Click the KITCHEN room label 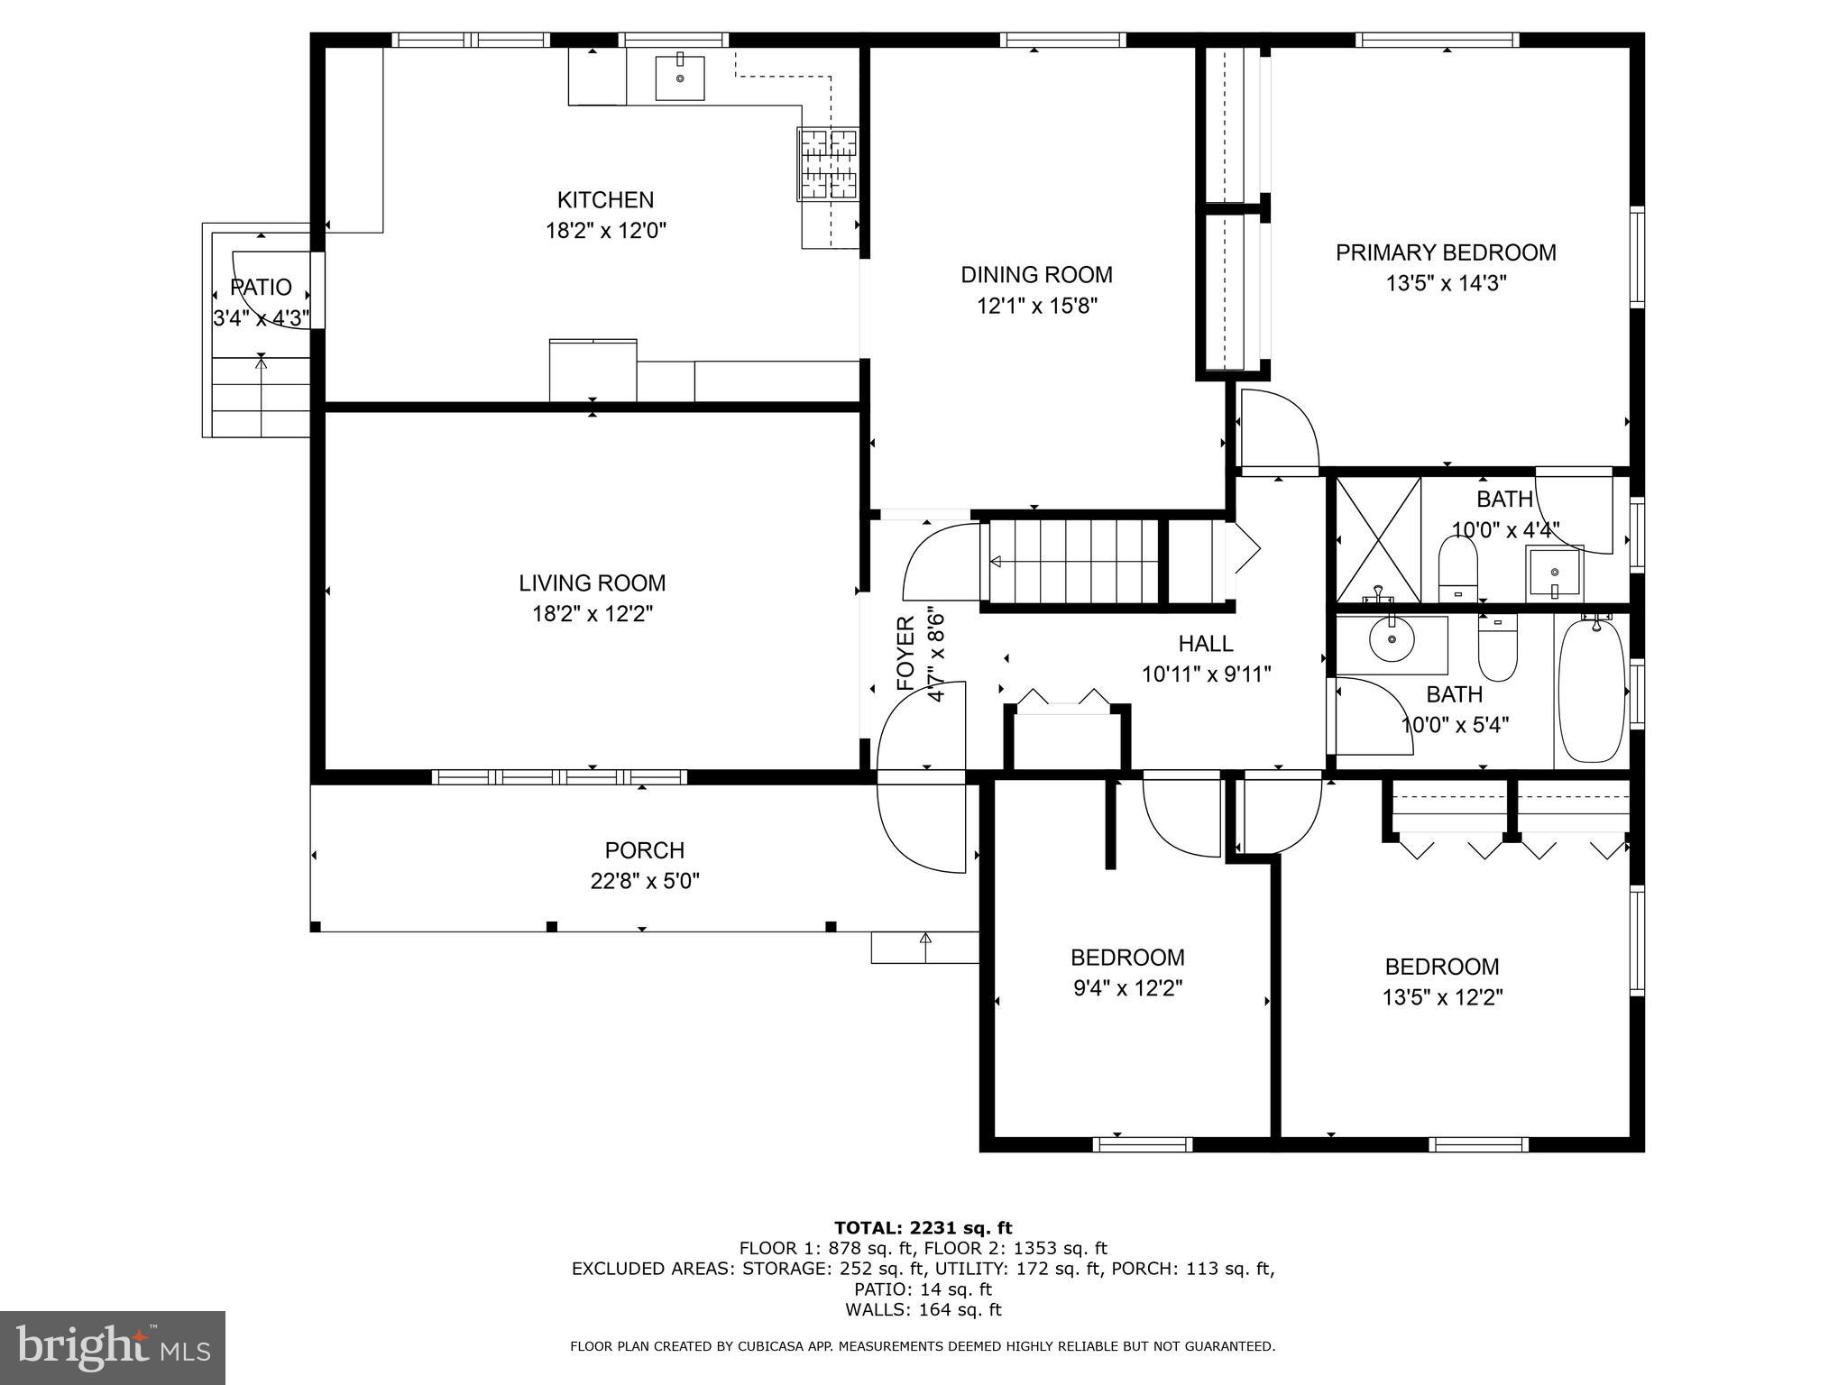[605, 200]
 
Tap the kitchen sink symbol [679, 77]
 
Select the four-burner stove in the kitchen [828, 164]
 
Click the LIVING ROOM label [592, 583]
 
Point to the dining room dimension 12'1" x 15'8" [1036, 306]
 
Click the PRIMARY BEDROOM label [1446, 252]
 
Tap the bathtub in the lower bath [1591, 691]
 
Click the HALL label [1206, 644]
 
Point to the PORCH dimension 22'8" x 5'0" [645, 881]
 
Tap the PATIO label [261, 288]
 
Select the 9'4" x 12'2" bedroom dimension [1127, 988]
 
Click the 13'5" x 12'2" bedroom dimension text [1442, 997]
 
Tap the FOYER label [905, 653]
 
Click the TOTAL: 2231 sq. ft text [923, 1227]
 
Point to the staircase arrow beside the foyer [996, 562]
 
